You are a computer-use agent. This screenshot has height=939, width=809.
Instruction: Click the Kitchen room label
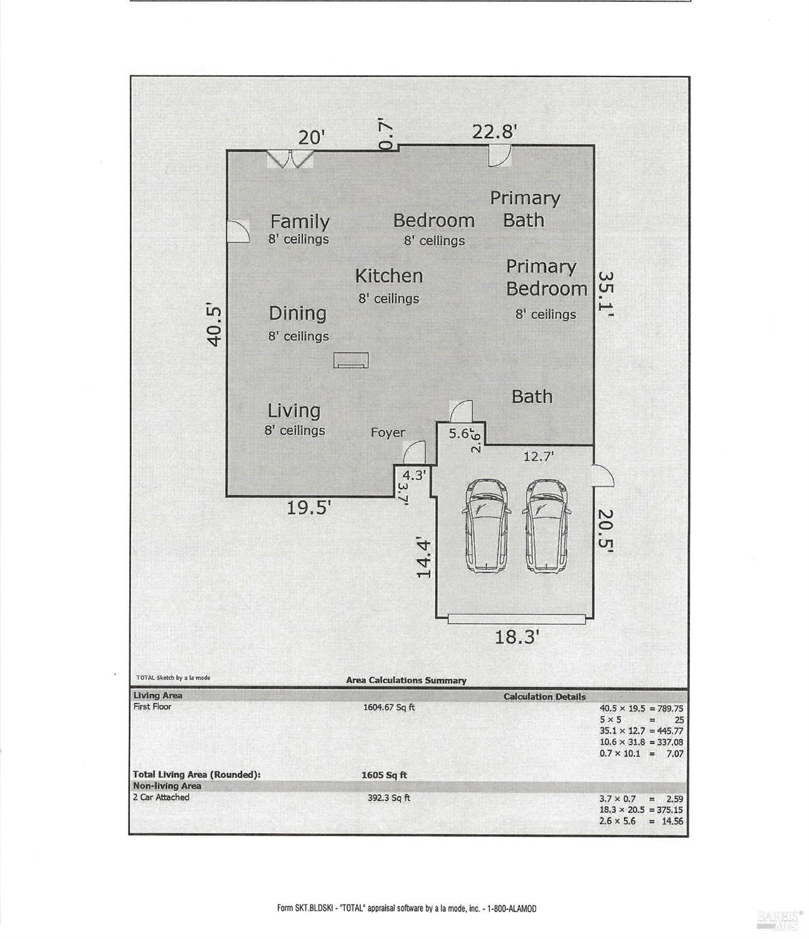click(389, 276)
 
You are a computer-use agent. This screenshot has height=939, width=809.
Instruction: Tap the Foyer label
click(388, 433)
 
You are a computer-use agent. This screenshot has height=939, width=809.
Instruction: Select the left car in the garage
click(486, 526)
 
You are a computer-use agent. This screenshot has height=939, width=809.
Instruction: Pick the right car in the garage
click(546, 526)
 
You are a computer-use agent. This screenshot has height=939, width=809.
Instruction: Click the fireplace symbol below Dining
click(351, 360)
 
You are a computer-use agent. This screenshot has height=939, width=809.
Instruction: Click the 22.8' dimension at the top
click(494, 132)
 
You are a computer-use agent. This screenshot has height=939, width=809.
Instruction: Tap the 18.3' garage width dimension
click(516, 637)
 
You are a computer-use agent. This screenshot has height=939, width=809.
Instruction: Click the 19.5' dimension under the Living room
click(308, 508)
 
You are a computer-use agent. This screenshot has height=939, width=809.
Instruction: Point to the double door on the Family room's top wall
click(290, 159)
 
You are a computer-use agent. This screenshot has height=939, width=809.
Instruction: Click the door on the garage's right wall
click(603, 476)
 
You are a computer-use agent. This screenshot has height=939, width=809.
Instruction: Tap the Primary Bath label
click(524, 209)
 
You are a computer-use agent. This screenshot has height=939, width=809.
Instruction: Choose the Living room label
click(293, 411)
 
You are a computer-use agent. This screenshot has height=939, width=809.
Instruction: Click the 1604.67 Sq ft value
click(389, 707)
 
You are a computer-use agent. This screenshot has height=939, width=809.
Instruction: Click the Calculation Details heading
click(544, 696)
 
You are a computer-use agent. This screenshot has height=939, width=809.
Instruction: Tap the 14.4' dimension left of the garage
click(423, 559)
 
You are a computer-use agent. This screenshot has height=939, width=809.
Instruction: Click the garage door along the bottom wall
click(516, 619)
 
